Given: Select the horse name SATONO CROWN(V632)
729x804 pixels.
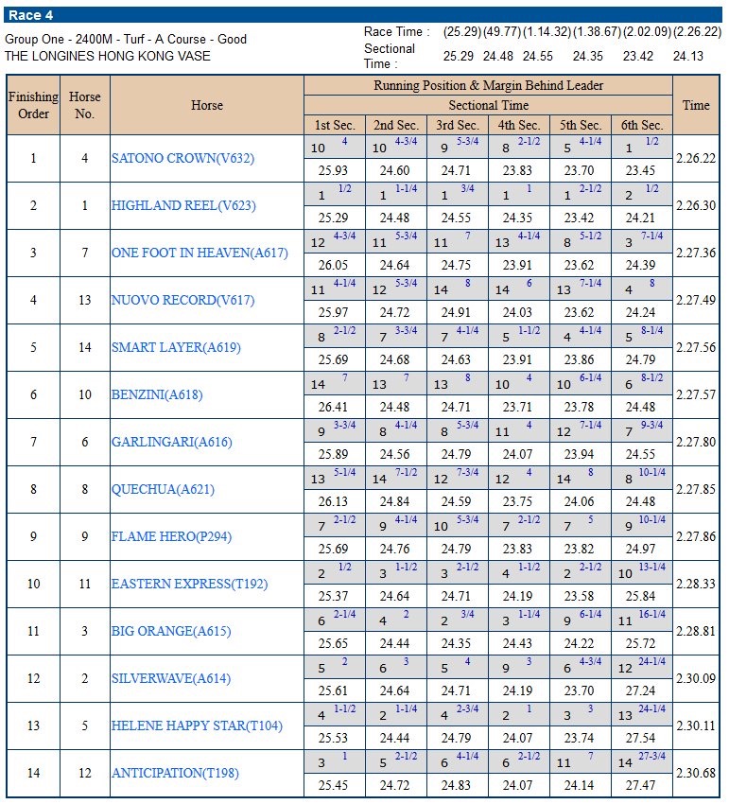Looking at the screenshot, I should (182, 158).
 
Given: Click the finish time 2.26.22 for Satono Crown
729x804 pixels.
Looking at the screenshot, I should (696, 158).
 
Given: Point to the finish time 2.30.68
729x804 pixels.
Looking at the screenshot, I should (696, 773).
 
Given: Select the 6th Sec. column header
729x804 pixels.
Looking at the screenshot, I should (641, 125).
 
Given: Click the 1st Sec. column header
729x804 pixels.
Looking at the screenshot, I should (334, 125).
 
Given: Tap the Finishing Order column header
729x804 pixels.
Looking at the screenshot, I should (33, 105).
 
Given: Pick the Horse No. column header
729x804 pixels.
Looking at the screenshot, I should (84, 105).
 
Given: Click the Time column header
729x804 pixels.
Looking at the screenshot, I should (696, 105).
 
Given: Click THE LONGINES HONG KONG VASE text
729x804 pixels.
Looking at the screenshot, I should (108, 56).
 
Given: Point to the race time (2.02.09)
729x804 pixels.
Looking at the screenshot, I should (646, 32).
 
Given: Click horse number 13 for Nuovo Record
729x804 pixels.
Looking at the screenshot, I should (84, 300).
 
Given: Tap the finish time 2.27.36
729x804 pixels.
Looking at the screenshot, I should (696, 253).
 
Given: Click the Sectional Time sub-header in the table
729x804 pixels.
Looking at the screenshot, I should (488, 105).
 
